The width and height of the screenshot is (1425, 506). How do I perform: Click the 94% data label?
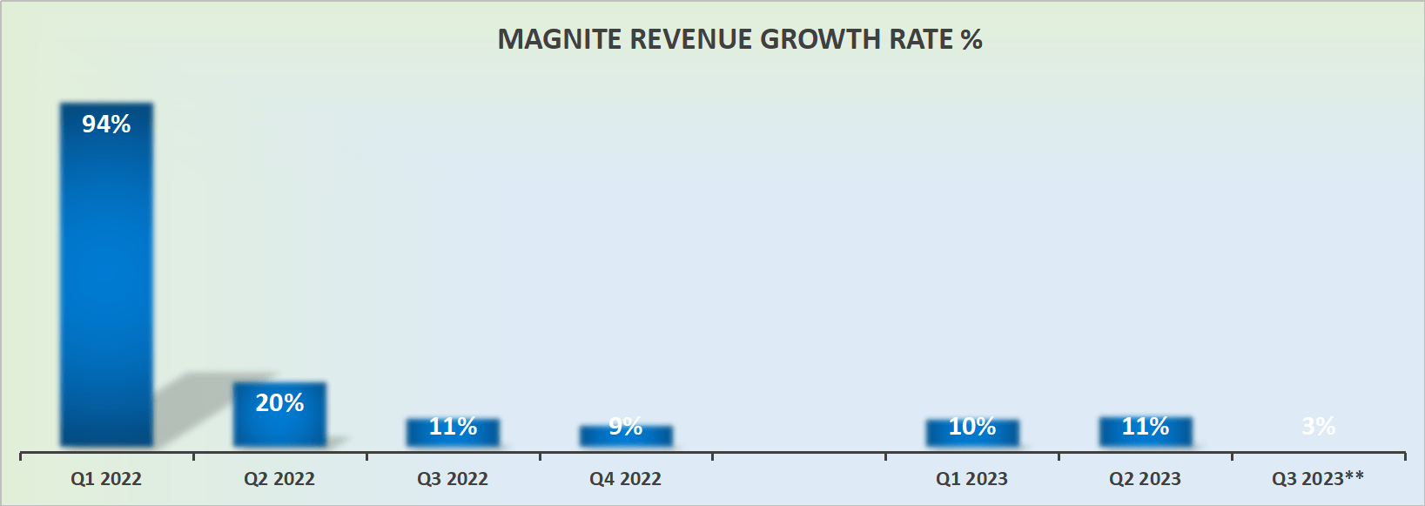[x=106, y=125]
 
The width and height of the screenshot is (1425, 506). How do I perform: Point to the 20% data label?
[x=279, y=402]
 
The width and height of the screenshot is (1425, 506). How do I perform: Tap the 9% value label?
[x=626, y=426]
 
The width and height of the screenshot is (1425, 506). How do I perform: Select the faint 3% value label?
[x=1318, y=426]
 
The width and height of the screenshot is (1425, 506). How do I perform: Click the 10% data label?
[x=971, y=426]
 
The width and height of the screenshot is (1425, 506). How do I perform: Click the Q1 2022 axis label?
[x=106, y=479]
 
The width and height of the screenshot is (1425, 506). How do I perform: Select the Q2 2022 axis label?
[x=279, y=479]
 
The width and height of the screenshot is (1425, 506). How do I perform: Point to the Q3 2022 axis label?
[x=453, y=479]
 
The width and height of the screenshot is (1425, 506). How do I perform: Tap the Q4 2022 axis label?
[x=626, y=479]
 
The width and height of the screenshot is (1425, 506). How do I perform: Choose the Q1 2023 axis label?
[x=971, y=479]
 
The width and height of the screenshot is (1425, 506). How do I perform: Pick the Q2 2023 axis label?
[x=1145, y=479]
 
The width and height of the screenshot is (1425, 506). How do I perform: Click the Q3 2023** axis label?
[x=1318, y=478]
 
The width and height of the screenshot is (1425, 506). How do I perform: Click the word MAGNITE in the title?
[x=559, y=39]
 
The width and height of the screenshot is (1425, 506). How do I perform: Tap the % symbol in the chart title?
[x=971, y=39]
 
